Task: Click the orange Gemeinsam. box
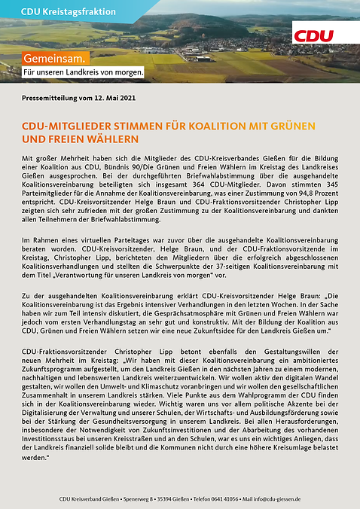pyautogui.click(x=56, y=58)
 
